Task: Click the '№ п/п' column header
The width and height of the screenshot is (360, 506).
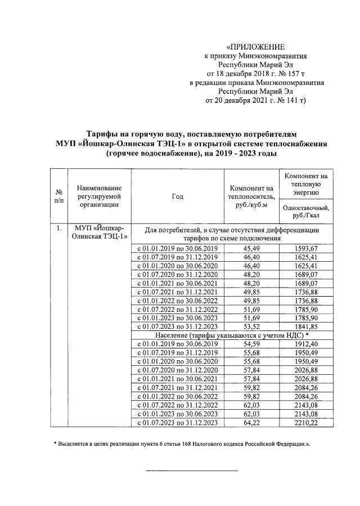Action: tap(57, 196)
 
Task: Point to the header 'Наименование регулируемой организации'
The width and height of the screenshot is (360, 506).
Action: tap(99, 195)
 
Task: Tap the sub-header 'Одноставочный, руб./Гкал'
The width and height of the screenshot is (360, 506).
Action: tap(307, 211)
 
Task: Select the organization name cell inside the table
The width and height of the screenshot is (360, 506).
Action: tap(100, 232)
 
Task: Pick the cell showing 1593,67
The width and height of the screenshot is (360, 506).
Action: tap(307, 248)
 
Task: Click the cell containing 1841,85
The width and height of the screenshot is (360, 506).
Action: tap(307, 326)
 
